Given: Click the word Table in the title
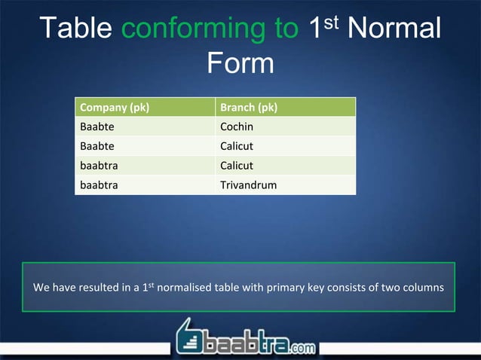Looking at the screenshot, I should click(75, 29).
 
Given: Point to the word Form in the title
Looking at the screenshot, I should click(240, 64).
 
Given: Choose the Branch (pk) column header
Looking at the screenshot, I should click(248, 108).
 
